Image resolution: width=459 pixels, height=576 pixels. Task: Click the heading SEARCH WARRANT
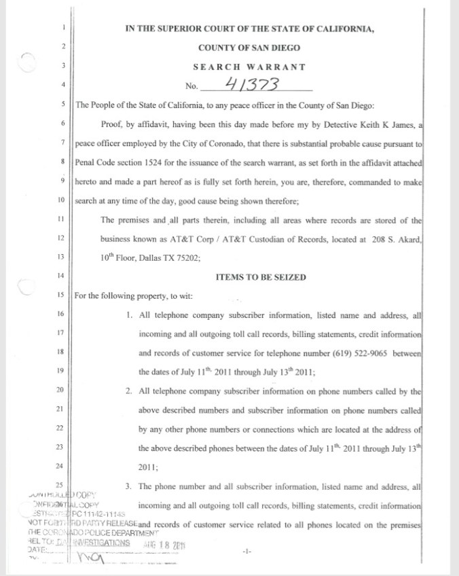249,67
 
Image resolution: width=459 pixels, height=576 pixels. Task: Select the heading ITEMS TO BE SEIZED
260,277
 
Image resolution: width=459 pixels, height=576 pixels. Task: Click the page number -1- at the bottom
246,552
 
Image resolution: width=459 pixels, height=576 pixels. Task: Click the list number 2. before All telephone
129,391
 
